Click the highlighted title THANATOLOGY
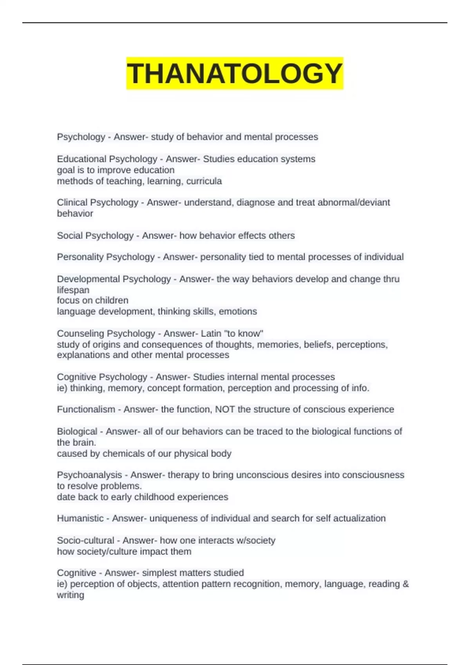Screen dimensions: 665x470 click(235, 74)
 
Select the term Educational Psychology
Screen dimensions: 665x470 click(107, 159)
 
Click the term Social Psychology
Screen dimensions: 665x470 click(95, 235)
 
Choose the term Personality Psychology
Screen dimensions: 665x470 click(106, 257)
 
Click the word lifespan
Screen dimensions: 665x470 click(73, 290)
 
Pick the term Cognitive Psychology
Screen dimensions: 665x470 click(102, 377)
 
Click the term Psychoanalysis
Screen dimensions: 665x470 click(89, 475)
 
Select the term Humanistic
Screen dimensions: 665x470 click(80, 518)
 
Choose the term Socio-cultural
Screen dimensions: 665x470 click(85, 541)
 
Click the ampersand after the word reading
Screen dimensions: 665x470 click(405, 584)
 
